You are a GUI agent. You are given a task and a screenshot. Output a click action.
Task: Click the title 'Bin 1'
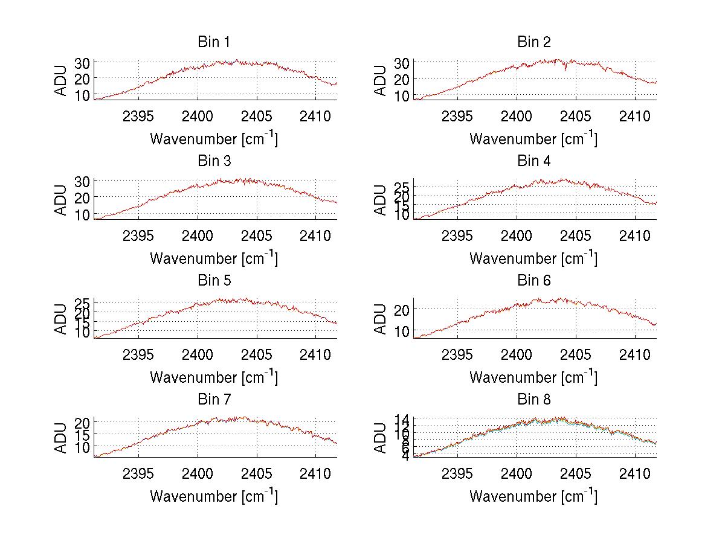214,42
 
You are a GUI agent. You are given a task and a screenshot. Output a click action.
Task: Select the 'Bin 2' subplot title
533,42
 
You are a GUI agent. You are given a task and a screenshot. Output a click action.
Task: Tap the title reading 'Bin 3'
214,161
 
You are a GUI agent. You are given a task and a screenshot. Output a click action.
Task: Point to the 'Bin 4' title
533,161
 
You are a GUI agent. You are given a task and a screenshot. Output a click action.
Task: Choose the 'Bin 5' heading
214,280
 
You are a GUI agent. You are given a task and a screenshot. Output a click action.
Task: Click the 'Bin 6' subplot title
533,280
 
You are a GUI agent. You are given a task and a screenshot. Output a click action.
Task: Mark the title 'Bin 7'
214,399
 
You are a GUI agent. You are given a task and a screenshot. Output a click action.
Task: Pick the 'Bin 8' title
533,399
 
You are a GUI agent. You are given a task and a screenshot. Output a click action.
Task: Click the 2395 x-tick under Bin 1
139,116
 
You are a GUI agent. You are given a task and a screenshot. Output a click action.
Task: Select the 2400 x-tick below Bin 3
198,235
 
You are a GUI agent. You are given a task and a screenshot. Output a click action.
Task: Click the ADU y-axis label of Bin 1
62,80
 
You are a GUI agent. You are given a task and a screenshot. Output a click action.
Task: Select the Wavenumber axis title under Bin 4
533,258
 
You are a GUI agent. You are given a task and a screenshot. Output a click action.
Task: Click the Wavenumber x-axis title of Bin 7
214,496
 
